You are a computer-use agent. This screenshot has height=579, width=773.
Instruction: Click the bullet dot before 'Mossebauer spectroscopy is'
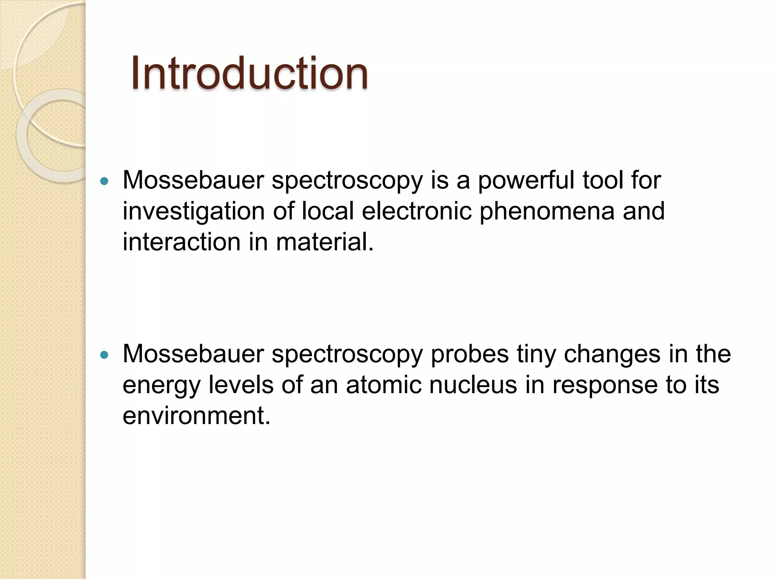(105, 181)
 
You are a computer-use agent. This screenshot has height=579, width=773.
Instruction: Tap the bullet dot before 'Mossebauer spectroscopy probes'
(105, 355)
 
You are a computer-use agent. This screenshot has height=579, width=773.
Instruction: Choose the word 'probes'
(470, 355)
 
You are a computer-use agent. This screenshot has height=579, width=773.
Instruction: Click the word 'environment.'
(197, 416)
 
